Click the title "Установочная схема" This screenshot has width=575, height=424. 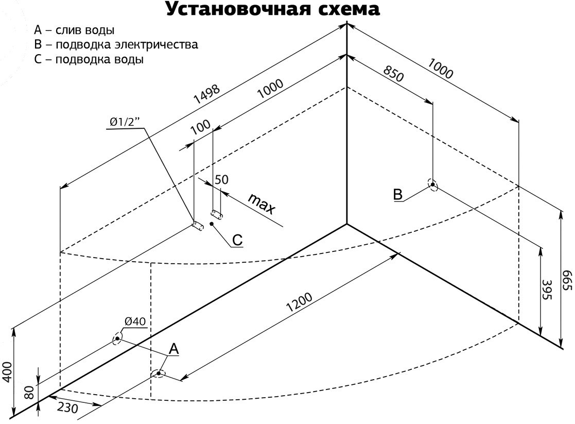(273, 9)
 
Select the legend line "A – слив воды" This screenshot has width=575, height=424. (74, 29)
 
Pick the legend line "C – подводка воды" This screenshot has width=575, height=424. (89, 59)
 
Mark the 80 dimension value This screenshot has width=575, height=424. (30, 393)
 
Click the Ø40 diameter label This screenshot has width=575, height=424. (135, 321)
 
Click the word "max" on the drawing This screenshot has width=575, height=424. (262, 203)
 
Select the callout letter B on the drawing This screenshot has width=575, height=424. (398, 194)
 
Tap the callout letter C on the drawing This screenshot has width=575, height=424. (237, 240)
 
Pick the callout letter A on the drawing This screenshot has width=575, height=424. (174, 349)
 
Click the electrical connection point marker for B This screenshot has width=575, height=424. (433, 185)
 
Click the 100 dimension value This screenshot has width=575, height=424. (200, 128)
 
